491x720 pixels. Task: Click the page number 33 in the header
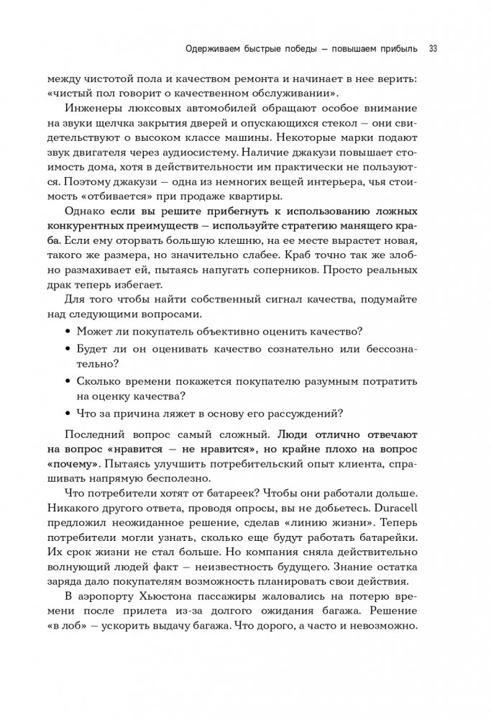pos(433,49)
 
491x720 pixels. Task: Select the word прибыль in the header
pos(395,49)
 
